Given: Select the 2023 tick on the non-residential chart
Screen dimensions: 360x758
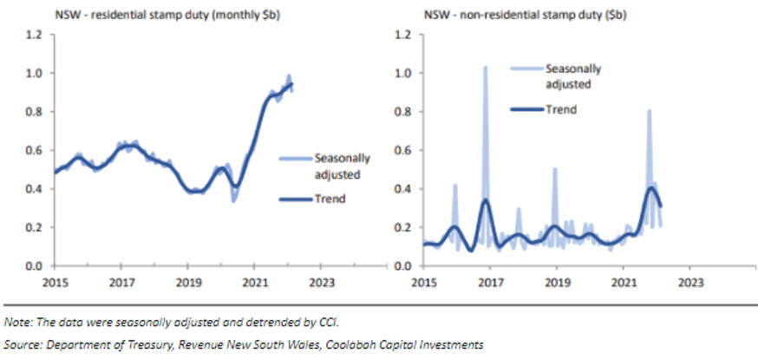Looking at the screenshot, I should [x=689, y=283].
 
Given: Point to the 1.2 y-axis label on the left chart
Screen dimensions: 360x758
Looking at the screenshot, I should [x=34, y=35].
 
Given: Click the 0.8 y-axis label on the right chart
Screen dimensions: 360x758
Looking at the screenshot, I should [x=402, y=112].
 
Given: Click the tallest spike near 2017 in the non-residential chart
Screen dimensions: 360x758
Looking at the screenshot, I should [x=486, y=66].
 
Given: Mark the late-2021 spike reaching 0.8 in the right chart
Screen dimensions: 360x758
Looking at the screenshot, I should [x=649, y=111].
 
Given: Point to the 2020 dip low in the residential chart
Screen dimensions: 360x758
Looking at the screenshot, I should [x=233, y=200].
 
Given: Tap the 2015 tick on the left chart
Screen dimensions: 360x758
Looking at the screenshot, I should [x=55, y=283].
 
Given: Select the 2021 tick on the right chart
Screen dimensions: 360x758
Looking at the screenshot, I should [x=623, y=283].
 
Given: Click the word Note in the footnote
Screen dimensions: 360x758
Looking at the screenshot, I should [x=18, y=323].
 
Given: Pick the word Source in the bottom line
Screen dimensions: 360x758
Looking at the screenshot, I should [x=23, y=344].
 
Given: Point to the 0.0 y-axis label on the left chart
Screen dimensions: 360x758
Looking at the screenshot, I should [x=34, y=265].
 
